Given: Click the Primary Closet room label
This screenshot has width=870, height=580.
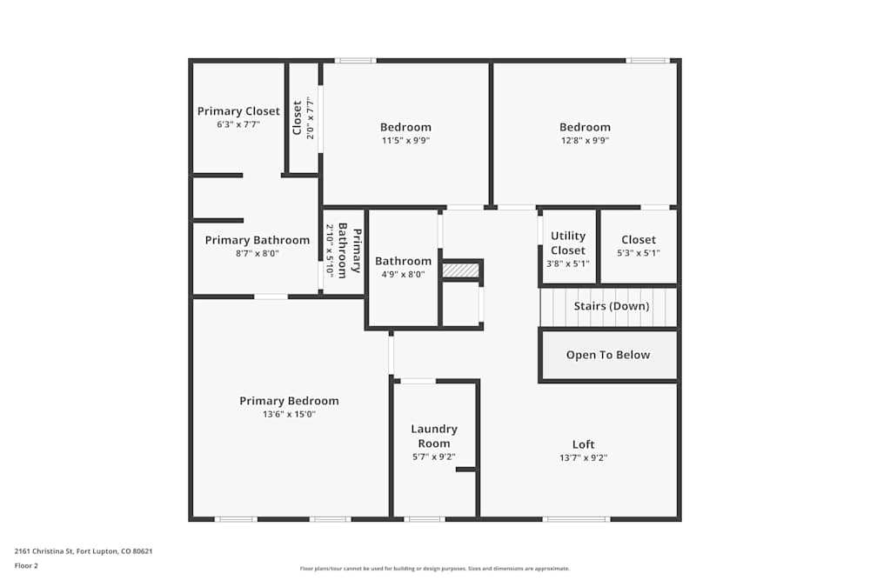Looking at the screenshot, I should (x=238, y=111).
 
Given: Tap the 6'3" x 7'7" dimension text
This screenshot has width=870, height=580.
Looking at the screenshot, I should (x=238, y=124).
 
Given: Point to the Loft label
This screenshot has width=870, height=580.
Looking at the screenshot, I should (x=584, y=444).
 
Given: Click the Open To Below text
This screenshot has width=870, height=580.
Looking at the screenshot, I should (x=608, y=355).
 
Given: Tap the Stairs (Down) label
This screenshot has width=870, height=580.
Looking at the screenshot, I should (x=612, y=306).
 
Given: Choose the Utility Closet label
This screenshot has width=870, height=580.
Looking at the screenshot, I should (x=568, y=243).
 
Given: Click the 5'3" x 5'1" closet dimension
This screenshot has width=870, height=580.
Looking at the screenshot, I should (x=639, y=254).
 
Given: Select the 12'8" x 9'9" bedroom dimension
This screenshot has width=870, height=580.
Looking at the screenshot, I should (x=585, y=140).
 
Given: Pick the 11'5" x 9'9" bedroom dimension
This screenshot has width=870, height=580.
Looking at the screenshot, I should (x=405, y=140).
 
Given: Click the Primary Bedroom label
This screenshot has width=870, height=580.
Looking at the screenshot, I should (x=289, y=401).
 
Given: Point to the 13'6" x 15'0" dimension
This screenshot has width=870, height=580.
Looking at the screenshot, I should (x=289, y=414).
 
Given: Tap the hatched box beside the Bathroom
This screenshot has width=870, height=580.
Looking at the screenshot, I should (x=460, y=270).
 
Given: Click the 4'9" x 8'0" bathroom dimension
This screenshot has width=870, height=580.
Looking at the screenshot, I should (x=403, y=274).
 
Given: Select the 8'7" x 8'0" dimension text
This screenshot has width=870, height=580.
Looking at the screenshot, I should (x=258, y=254).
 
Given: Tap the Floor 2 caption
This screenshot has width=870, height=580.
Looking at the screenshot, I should (x=26, y=565).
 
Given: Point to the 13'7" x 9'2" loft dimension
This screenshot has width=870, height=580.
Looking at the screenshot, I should (x=584, y=457).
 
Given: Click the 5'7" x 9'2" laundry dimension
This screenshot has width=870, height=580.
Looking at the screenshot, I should (x=434, y=457).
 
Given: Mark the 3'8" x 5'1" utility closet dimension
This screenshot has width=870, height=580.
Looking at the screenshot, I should (x=568, y=263).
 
